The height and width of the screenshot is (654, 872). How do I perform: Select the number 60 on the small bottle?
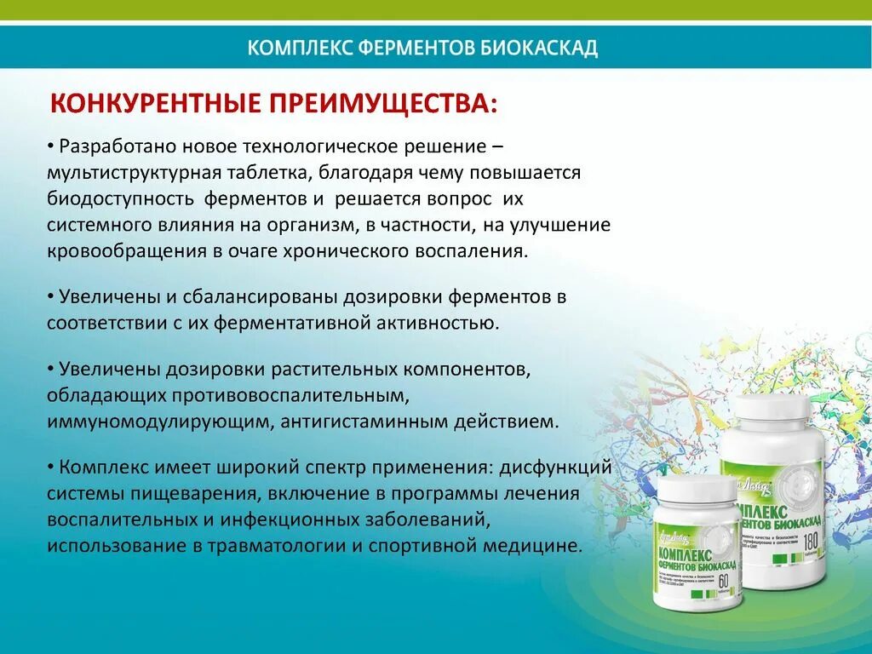click(x=726, y=581)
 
